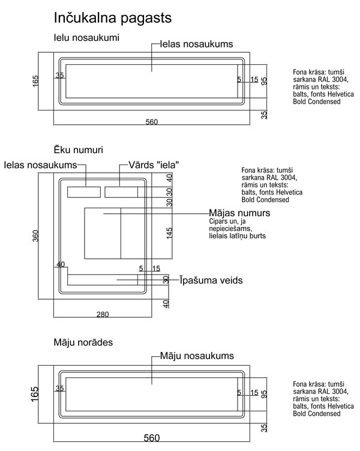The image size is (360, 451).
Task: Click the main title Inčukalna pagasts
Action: click(x=113, y=17)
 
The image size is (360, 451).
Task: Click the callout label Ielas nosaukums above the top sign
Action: click(x=196, y=44)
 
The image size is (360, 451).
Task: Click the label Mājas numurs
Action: click(x=239, y=213)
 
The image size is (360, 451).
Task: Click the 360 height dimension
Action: click(x=36, y=237)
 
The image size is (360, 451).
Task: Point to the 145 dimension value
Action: click(x=170, y=233)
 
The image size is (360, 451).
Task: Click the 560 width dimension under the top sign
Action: click(x=152, y=123)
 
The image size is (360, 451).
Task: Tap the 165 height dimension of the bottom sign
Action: click(x=36, y=393)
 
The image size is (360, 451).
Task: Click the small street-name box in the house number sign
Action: click(x=83, y=192)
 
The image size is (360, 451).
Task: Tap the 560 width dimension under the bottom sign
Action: click(x=152, y=438)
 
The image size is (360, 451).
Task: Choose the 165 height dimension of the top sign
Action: click(x=36, y=79)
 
